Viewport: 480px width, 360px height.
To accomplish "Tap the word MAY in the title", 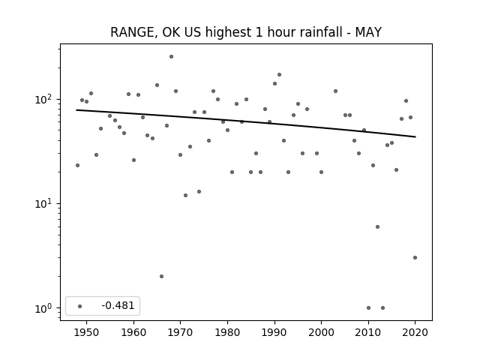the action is (368, 32).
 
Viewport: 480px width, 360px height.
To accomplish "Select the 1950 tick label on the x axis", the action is (86, 332).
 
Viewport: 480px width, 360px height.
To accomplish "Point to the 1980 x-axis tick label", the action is (227, 332).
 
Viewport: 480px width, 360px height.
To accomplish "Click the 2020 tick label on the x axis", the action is (415, 332).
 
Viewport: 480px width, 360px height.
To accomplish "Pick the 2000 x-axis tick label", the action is (321, 332).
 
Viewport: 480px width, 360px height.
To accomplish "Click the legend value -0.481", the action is (118, 305).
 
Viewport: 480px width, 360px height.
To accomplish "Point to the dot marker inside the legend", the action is (80, 306).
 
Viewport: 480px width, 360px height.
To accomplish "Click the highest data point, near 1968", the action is (172, 57).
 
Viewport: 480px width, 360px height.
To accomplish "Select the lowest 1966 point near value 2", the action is (162, 277).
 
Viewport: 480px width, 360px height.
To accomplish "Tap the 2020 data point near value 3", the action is (415, 258).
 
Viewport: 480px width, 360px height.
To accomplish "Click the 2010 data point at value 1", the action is (368, 308).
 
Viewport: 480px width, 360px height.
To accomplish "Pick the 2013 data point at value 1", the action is (382, 308).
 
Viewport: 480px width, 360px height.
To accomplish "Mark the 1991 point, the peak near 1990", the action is (279, 75).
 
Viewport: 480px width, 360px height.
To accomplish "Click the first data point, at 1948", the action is (77, 165).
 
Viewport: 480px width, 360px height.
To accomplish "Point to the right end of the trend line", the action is (415, 136).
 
